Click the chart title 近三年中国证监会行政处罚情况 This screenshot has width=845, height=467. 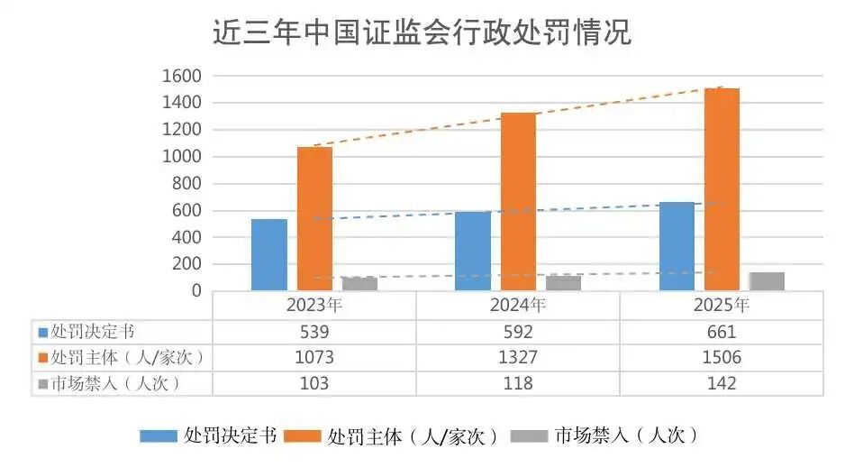pyautogui.click(x=422, y=33)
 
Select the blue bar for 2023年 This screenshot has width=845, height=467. pyautogui.click(x=269, y=254)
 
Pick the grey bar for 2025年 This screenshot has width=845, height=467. pyautogui.click(x=767, y=281)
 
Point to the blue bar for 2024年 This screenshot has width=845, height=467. pyautogui.click(x=473, y=251)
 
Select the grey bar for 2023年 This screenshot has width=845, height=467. pyautogui.click(x=359, y=284)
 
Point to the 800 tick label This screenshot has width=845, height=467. pyautogui.click(x=186, y=184)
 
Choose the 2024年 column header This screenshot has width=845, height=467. pyautogui.click(x=518, y=305)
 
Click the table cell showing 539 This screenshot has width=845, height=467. pyautogui.click(x=314, y=332)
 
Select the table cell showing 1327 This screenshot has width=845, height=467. pyautogui.click(x=518, y=358)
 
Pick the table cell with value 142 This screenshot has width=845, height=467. pyautogui.click(x=722, y=383)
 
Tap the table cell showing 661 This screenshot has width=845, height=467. pyautogui.click(x=722, y=332)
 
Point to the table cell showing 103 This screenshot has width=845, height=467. pyautogui.click(x=314, y=383)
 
